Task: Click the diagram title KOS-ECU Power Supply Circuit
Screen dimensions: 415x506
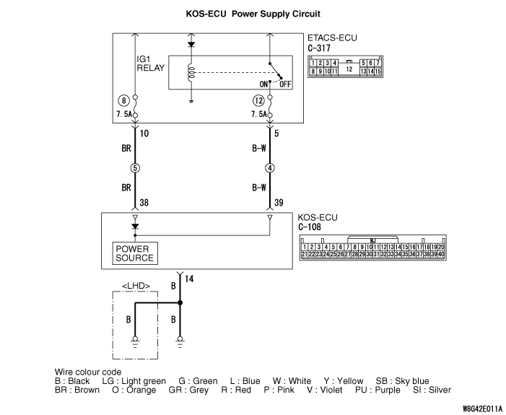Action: point(253,14)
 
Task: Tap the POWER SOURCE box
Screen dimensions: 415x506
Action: point(135,253)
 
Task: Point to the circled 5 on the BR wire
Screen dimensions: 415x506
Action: point(135,170)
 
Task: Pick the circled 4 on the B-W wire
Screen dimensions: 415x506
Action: point(269,170)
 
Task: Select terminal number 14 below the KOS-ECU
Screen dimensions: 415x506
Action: point(189,278)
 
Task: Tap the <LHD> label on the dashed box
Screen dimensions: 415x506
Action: point(136,286)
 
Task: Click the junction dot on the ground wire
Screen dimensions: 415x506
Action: point(180,304)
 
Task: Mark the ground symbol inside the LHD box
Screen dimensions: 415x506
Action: point(135,340)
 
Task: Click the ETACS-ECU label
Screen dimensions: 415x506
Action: point(333,38)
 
